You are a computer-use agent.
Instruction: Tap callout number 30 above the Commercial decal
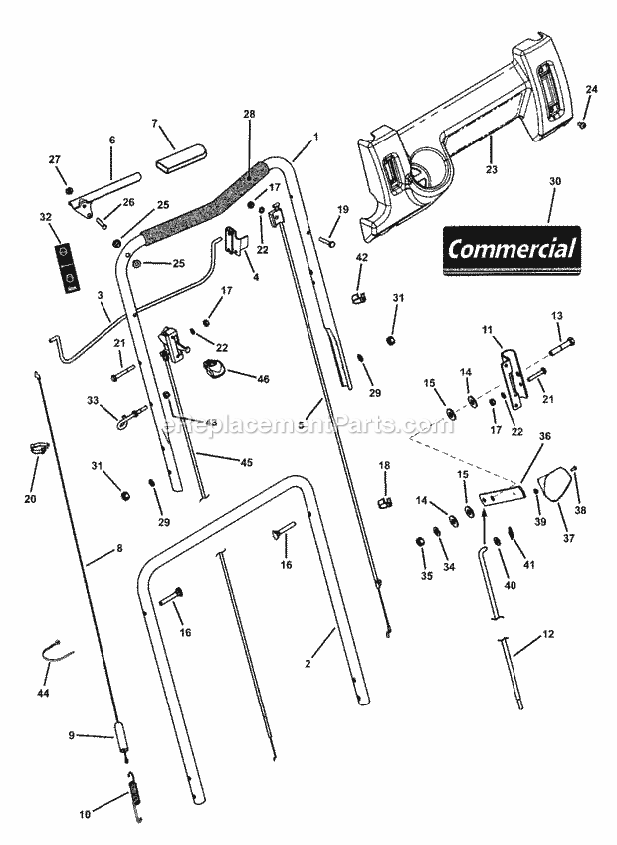tap(554, 181)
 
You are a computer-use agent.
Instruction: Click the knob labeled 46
tap(216, 371)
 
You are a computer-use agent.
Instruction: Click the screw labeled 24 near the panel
tap(584, 124)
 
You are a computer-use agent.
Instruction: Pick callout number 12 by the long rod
tap(548, 634)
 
